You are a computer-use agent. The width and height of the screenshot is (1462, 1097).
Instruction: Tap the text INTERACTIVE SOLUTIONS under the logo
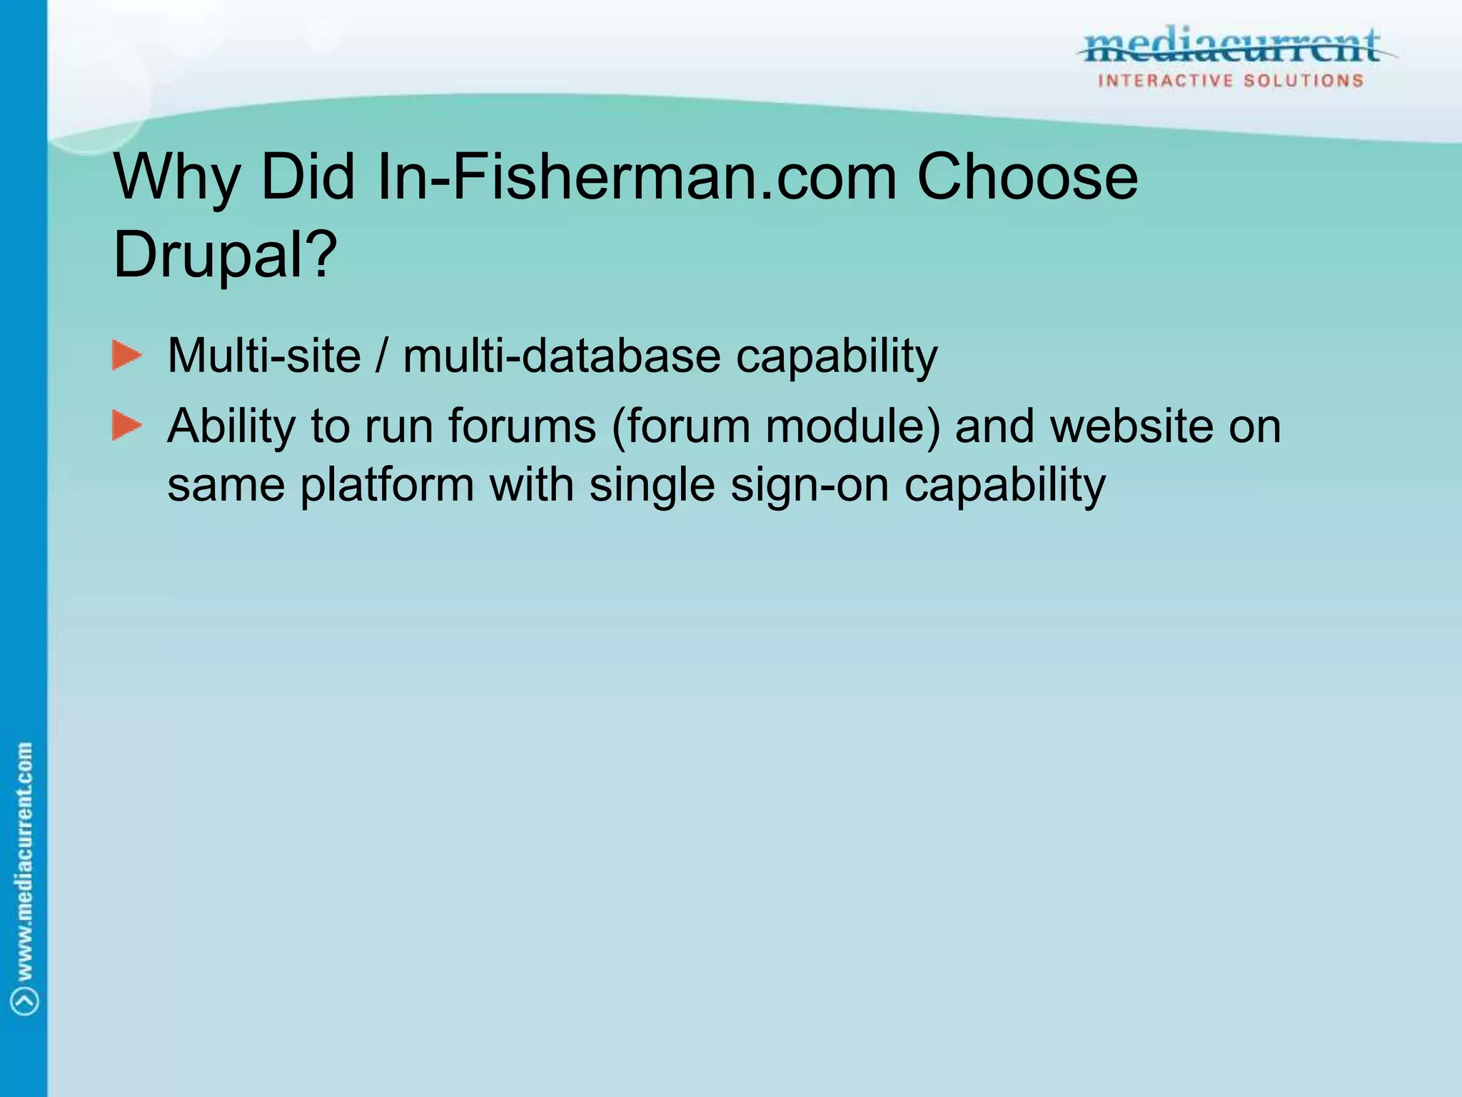coord(1231,81)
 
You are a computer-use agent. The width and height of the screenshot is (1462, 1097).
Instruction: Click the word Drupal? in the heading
coord(225,254)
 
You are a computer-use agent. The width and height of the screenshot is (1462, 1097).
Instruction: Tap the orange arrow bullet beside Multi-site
coord(127,356)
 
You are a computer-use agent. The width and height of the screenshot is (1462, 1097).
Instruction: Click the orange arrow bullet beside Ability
coord(127,426)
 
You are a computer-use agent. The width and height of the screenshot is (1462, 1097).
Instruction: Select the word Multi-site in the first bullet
coord(264,356)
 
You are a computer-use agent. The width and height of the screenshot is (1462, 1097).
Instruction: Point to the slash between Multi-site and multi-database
coord(382,356)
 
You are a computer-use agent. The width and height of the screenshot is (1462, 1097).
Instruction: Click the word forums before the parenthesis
coord(522,427)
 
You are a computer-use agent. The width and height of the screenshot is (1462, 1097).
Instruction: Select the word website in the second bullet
coord(1131,427)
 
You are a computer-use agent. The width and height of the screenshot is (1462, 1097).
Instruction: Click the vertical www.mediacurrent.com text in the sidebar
coord(25,861)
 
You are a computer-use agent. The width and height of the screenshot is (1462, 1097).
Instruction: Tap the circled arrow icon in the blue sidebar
coord(25,1001)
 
